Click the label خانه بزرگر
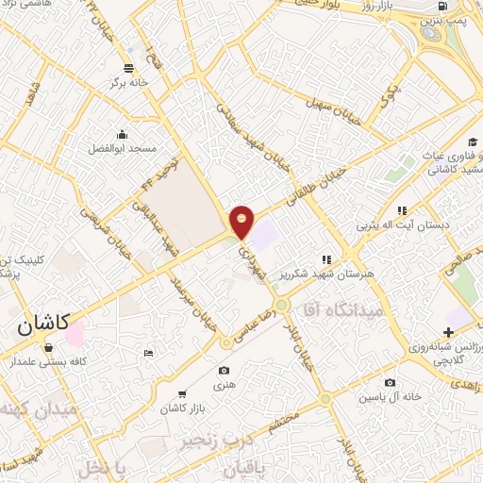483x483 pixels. pyautogui.click(x=129, y=82)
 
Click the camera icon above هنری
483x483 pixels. pyautogui.click(x=224, y=371)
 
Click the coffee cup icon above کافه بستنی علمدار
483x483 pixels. pyautogui.click(x=48, y=347)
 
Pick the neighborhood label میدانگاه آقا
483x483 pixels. pyautogui.click(x=342, y=308)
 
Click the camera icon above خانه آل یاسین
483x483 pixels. pyautogui.click(x=390, y=382)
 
